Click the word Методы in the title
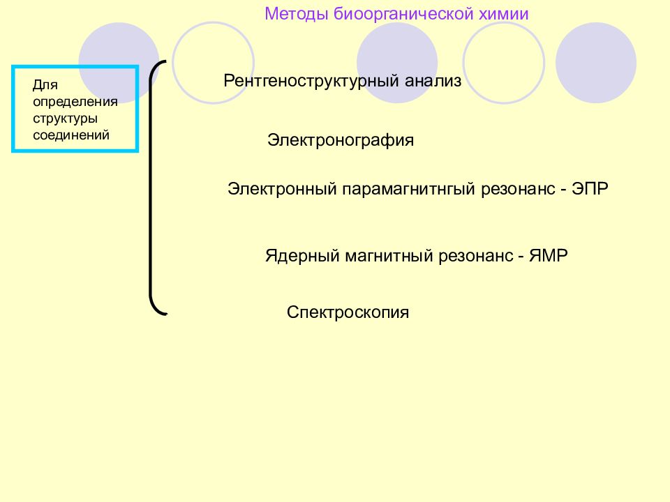pyautogui.click(x=297, y=14)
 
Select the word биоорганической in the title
pyautogui.click(x=403, y=15)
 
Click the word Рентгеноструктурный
pyautogui.click(x=311, y=81)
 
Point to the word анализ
pyautogui.click(x=433, y=81)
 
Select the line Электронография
pyautogui.click(x=341, y=140)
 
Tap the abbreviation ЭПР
pyautogui.click(x=590, y=188)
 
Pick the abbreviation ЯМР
pyautogui.click(x=549, y=255)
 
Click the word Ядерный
pyautogui.click(x=302, y=256)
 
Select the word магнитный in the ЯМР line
pyautogui.click(x=389, y=255)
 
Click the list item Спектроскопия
pyautogui.click(x=348, y=312)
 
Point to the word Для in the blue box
pyautogui.click(x=45, y=85)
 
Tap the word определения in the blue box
pyautogui.click(x=75, y=102)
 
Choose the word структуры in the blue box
pyautogui.click(x=66, y=119)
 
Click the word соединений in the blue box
pyautogui.click(x=71, y=135)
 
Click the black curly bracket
pyautogui.click(x=151, y=188)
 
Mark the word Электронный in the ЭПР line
pyautogui.click(x=283, y=189)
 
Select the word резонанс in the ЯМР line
pyautogui.click(x=475, y=256)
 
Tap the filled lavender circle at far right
pyautogui.click(x=595, y=63)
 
